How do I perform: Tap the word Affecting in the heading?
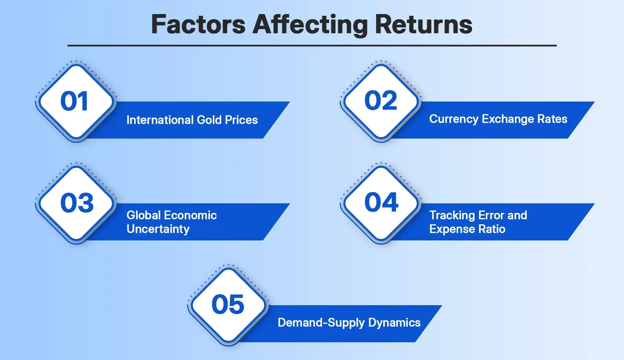point(310,24)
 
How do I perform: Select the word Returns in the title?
point(423,24)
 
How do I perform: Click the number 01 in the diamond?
point(74,101)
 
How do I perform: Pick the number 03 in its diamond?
point(77,203)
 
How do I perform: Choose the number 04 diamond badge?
point(381,202)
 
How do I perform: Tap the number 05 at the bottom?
point(228,304)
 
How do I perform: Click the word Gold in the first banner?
point(209,120)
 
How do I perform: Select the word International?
point(160,120)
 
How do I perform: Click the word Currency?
point(454,119)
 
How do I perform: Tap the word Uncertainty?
point(158,229)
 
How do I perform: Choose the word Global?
point(144,215)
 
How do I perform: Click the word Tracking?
point(452,215)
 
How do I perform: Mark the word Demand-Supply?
point(321,323)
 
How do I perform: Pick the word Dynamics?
point(394,323)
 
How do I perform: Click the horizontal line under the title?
point(312,45)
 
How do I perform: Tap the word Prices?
point(241,120)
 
